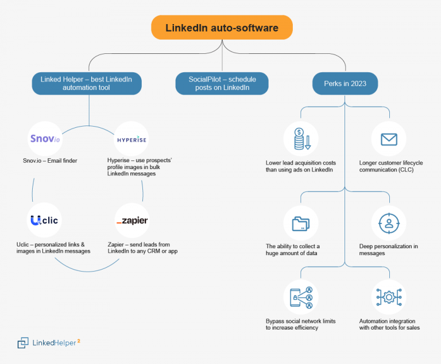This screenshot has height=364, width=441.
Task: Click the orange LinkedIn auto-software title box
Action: (222, 28)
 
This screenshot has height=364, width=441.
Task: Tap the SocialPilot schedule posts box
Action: (222, 84)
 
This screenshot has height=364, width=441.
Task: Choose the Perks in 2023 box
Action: (345, 84)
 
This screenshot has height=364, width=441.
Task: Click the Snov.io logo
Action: (45, 138)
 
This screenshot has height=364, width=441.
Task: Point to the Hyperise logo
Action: (131, 139)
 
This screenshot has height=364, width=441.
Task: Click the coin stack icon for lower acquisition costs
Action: (300, 139)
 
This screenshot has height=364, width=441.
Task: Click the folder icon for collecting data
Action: (300, 223)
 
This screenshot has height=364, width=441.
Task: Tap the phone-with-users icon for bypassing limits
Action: (300, 298)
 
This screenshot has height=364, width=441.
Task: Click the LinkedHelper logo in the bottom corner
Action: (49, 342)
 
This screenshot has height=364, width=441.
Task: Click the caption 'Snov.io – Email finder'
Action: (46, 161)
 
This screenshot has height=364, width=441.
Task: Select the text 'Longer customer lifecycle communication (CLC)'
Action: (390, 166)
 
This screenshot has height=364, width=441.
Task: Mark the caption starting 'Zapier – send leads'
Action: (142, 248)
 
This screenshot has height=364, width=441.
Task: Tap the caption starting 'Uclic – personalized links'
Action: (53, 248)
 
